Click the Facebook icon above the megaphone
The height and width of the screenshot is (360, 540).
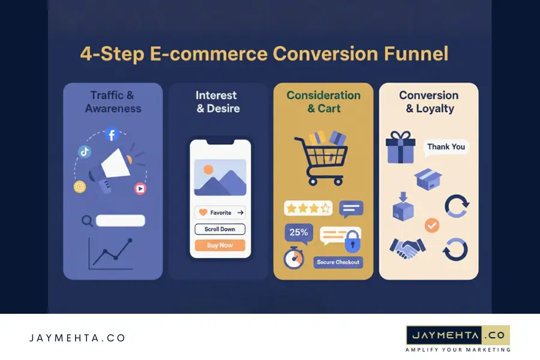pyautogui.click(x=112, y=134)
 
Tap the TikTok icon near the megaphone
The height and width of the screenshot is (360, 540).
pyautogui.click(x=85, y=152)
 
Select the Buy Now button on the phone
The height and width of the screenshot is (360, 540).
pyautogui.click(x=220, y=245)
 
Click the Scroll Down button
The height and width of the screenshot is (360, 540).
pyautogui.click(x=220, y=229)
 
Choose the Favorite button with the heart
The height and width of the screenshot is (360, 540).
pyautogui.click(x=220, y=212)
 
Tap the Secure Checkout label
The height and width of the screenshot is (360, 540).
pyautogui.click(x=338, y=262)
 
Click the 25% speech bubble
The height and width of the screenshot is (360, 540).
pyautogui.click(x=299, y=233)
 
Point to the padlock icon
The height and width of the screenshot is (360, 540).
pyautogui.click(x=352, y=244)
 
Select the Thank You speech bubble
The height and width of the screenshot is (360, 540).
pyautogui.click(x=445, y=147)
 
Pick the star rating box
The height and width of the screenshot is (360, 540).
pyautogui.click(x=308, y=208)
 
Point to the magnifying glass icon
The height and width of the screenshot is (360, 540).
pyautogui.click(x=88, y=221)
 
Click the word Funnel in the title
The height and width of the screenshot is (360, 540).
pyautogui.click(x=416, y=54)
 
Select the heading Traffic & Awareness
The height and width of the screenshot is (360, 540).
pyautogui.click(x=113, y=102)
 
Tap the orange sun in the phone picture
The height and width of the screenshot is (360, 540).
pyautogui.click(x=208, y=169)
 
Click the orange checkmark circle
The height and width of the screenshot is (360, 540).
pyautogui.click(x=431, y=226)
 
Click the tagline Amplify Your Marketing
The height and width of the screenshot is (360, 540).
pyautogui.click(x=458, y=350)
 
